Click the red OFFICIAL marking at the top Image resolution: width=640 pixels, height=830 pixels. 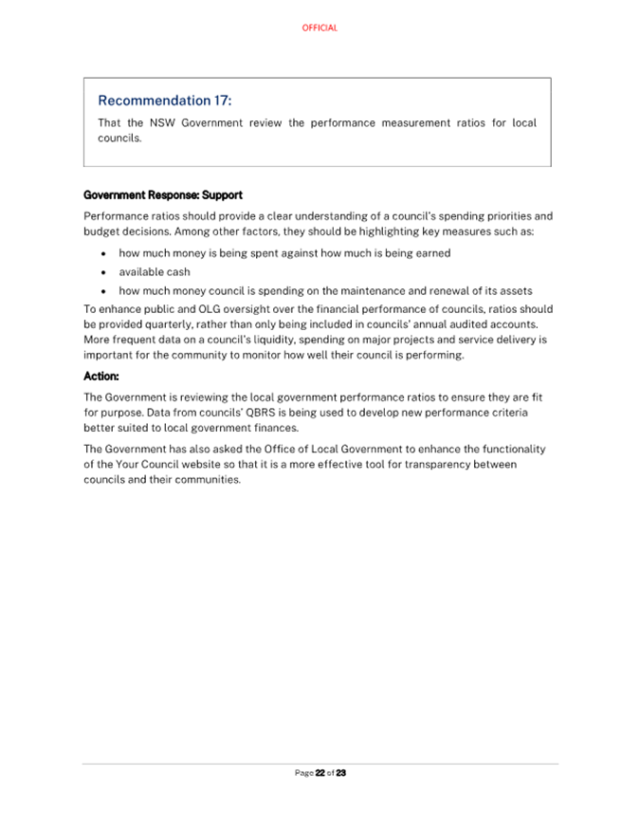[x=320, y=28]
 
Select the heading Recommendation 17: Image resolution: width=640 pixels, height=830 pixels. [x=165, y=101]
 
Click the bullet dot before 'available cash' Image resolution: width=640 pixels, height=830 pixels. [x=102, y=272]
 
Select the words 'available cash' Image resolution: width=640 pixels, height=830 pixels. [x=155, y=272]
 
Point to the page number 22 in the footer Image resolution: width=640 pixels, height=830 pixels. [x=320, y=773]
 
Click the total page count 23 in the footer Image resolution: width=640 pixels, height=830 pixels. [x=341, y=773]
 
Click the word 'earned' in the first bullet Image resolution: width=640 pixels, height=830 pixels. [x=432, y=253]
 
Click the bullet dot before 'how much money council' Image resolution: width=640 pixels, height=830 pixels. [x=102, y=291]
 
